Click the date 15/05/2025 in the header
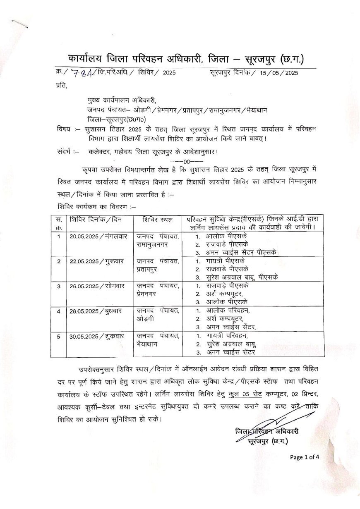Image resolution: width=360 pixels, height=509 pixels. (x=279, y=73)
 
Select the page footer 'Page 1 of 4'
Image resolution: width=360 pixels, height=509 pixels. (x=305, y=457)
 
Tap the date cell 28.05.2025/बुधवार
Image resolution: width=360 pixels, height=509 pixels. (x=93, y=311)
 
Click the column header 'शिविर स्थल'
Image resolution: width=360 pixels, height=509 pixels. (x=157, y=219)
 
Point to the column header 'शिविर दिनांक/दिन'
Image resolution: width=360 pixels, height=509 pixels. (x=96, y=219)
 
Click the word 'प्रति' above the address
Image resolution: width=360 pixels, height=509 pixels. (x=60, y=86)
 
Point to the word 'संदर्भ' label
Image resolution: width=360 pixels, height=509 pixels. (x=65, y=152)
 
